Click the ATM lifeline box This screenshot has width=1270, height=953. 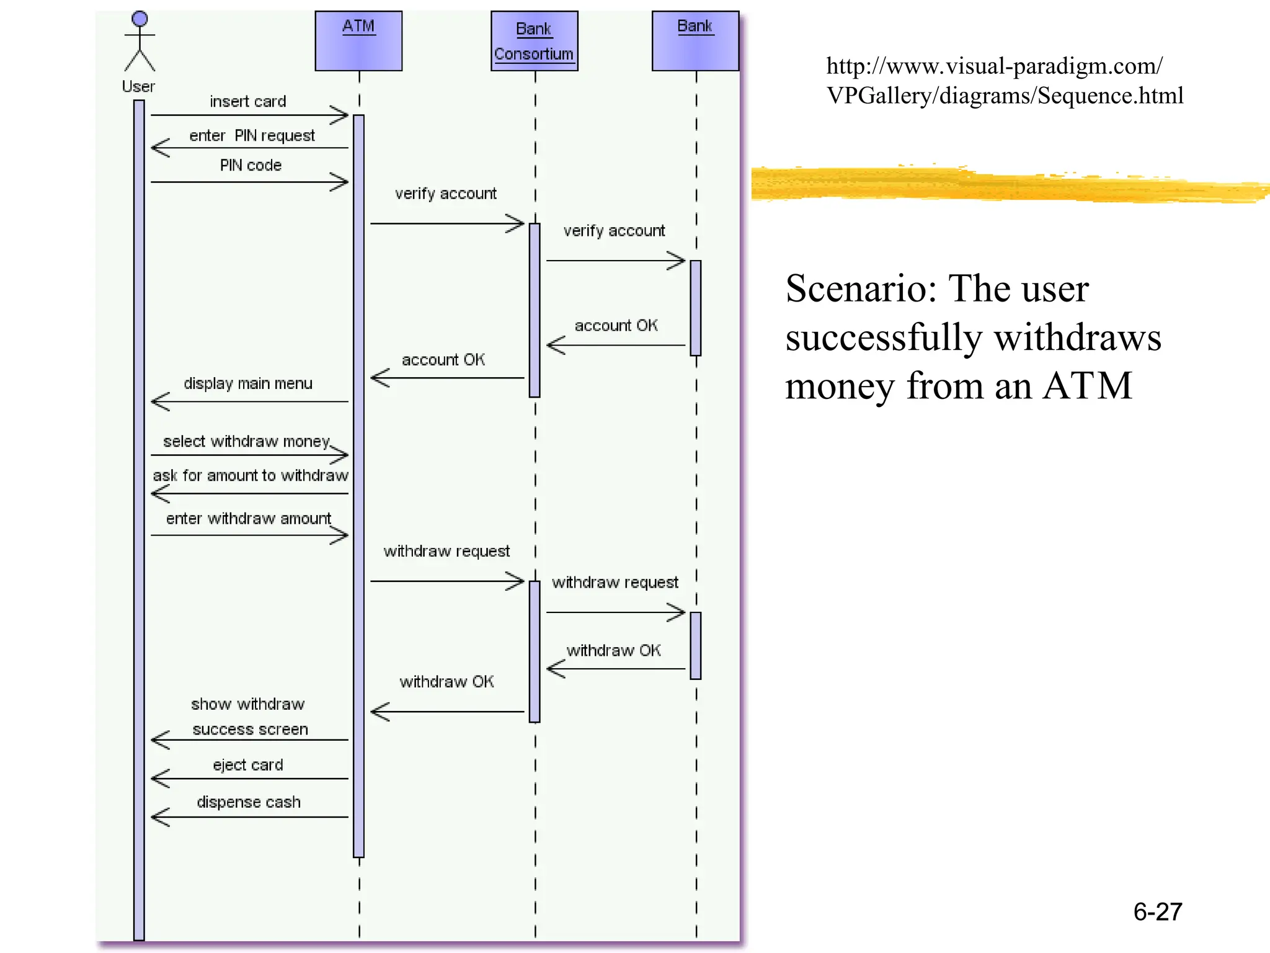(x=358, y=41)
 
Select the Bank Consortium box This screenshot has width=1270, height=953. (x=534, y=41)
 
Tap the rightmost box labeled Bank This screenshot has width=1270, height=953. (x=695, y=41)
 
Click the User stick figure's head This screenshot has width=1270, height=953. (x=140, y=19)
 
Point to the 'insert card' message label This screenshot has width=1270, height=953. (x=247, y=101)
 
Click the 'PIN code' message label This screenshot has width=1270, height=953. (x=251, y=165)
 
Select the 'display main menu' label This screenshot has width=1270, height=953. (x=247, y=383)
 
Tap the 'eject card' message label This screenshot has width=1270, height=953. (x=247, y=764)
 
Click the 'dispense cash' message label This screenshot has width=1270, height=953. (x=248, y=802)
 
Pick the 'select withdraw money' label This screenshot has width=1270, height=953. (x=246, y=441)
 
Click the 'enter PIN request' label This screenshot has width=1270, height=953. (x=252, y=135)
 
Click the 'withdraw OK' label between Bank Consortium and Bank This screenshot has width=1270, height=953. (x=613, y=650)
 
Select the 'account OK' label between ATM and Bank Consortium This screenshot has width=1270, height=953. (x=443, y=360)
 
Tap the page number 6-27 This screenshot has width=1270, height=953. (x=1157, y=911)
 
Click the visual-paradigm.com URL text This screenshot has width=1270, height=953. (x=1004, y=81)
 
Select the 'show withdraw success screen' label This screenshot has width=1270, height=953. (x=248, y=717)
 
